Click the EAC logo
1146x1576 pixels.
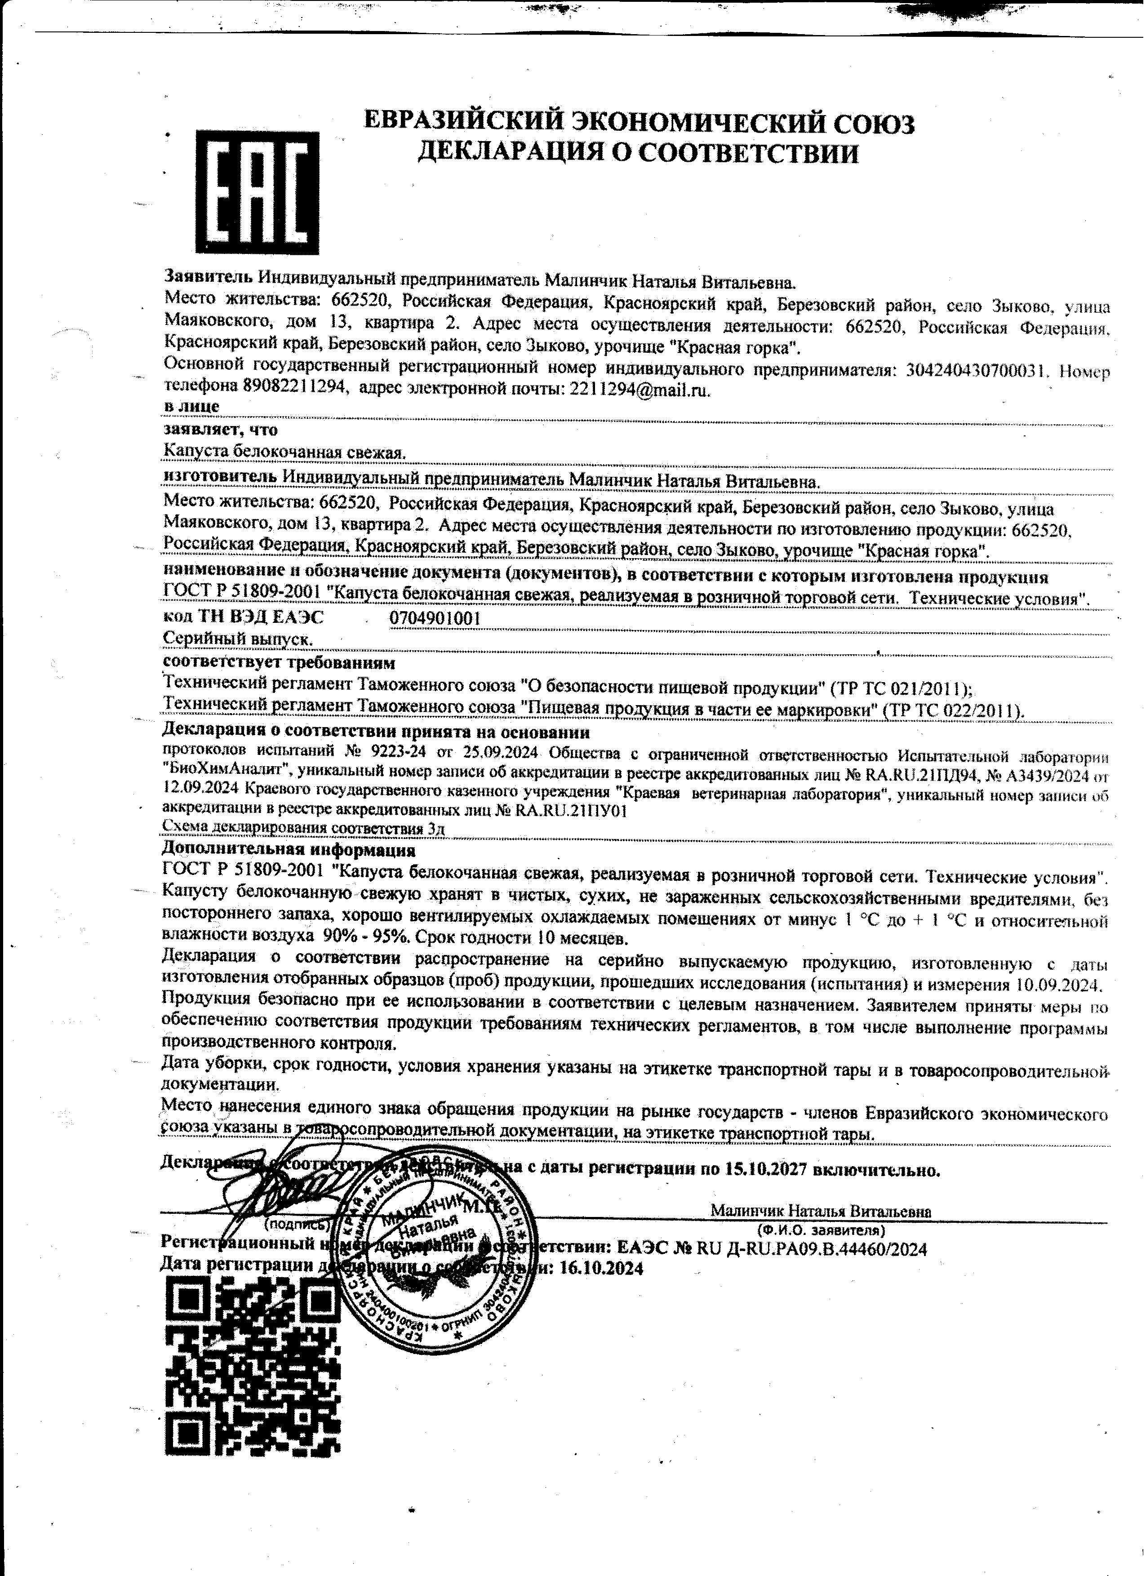coord(257,192)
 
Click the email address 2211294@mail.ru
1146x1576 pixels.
coord(640,389)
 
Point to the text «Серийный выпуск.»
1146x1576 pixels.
coord(236,637)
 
